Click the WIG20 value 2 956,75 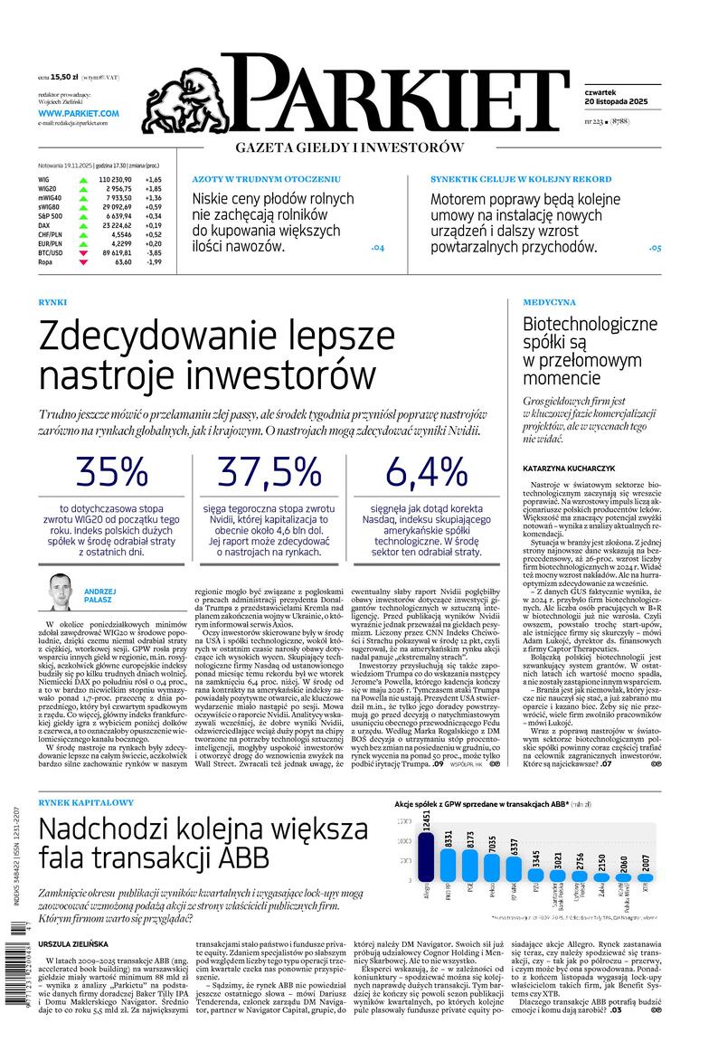116,188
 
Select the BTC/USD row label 51,253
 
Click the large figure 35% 111,472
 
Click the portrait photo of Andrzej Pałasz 60,592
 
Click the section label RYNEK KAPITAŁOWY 87,802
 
